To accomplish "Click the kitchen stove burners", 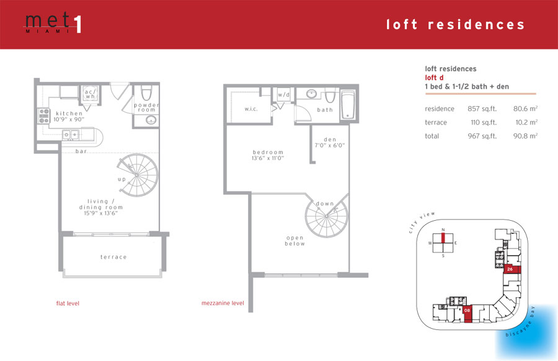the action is click(44, 116).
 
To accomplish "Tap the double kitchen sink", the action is click(71, 135).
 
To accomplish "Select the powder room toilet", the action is click(146, 92).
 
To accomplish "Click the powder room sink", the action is click(151, 120).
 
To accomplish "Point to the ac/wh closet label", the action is click(90, 94).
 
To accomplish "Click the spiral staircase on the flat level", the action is click(138, 175).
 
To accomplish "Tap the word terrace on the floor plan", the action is click(113, 257).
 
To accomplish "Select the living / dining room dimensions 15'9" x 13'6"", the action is click(100, 213).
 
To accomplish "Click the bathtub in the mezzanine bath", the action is click(348, 105).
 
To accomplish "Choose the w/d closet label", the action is click(283, 95).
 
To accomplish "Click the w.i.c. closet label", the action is click(251, 109).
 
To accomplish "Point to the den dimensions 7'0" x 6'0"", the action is click(330, 145).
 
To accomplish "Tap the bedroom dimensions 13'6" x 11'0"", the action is click(268, 158).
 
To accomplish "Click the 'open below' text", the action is click(295, 241).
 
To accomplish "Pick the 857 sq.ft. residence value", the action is click(482, 109).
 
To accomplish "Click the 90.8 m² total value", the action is click(525, 136).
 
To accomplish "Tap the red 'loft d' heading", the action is click(434, 78).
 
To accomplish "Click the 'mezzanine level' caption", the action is click(223, 303).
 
